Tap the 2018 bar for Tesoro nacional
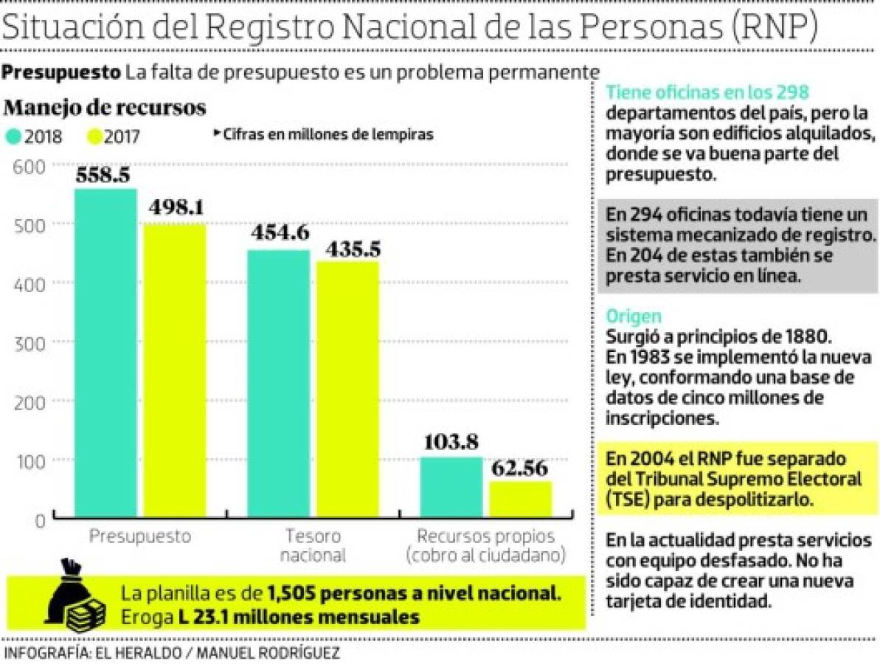(278, 384)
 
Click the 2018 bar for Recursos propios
(451, 488)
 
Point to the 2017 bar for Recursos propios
(520, 499)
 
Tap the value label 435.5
(348, 249)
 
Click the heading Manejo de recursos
(104, 108)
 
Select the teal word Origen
(632, 316)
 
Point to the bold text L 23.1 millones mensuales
(299, 617)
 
